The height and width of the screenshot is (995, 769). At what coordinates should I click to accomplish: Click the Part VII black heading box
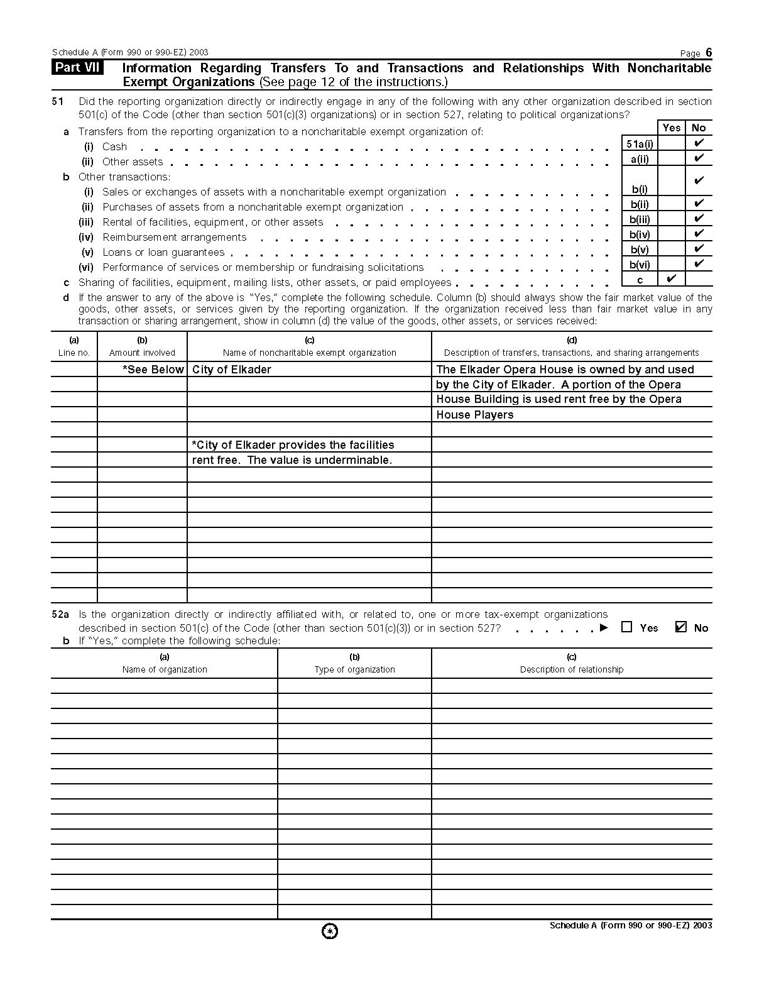(78, 68)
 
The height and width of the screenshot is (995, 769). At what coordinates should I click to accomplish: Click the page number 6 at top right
(709, 52)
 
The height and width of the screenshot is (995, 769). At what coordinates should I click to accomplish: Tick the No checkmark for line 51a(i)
(699, 143)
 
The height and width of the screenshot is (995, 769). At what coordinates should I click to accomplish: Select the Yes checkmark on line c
(671, 278)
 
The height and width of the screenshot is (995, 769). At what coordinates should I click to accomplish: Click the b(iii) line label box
(640, 219)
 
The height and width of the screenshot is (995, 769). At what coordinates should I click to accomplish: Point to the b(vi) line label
(640, 265)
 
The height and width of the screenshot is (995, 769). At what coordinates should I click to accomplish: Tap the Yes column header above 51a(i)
(672, 128)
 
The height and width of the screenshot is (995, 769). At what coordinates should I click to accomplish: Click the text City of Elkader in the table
(231, 370)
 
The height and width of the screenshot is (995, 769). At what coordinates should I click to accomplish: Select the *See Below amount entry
(153, 370)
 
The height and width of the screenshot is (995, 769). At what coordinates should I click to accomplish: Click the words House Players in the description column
(474, 415)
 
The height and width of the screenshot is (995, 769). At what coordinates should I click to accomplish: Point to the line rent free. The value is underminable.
(292, 460)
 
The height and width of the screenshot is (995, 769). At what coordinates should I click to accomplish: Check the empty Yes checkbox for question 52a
(626, 627)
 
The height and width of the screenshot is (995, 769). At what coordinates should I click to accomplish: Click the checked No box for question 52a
(680, 627)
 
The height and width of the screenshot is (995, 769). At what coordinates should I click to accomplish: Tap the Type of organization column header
(354, 669)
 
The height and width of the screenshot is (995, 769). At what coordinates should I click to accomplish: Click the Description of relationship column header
(571, 669)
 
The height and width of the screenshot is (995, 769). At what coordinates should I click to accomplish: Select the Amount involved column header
(142, 353)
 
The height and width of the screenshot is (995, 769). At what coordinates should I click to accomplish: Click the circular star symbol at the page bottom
(330, 932)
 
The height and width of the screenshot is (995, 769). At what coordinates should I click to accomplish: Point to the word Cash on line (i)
(114, 146)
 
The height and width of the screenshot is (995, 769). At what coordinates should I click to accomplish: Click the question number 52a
(60, 614)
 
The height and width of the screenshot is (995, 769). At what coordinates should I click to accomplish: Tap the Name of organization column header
(165, 669)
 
